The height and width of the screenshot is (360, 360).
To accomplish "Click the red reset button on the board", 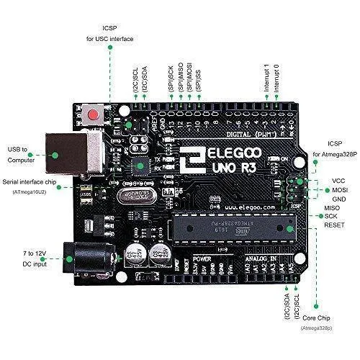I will click(93, 114).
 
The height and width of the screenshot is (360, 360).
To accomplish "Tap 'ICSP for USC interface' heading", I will click(109, 32).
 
